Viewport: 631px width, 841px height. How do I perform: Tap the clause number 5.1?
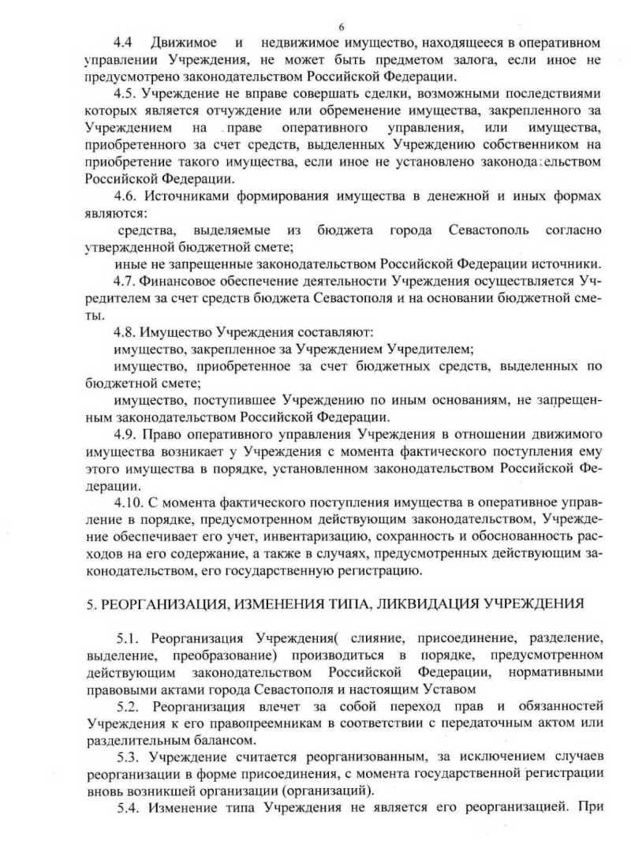pos(128,637)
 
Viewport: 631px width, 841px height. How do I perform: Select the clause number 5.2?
pos(128,705)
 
